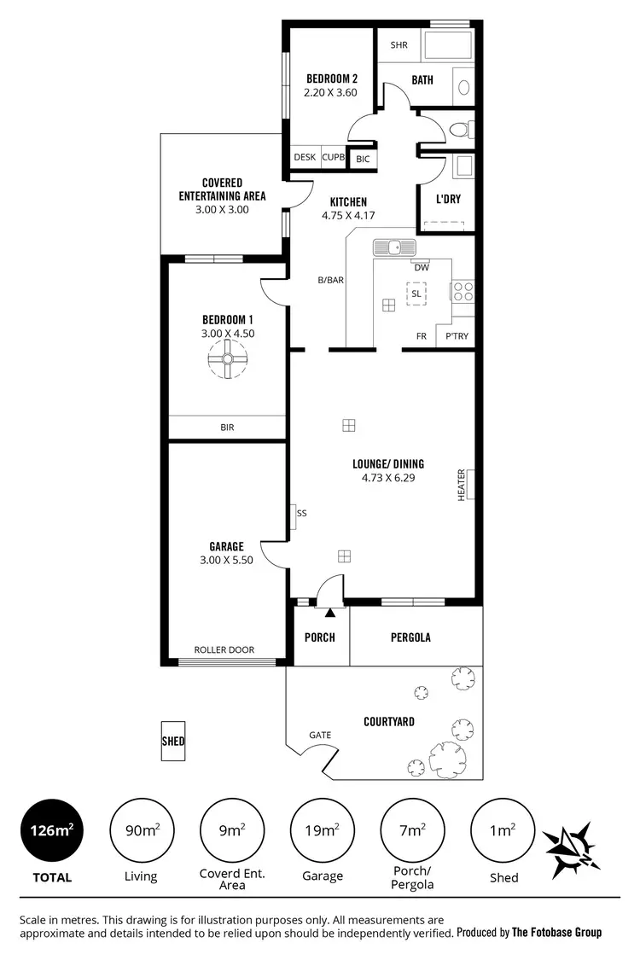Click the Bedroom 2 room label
[332, 79]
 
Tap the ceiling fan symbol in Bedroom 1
[228, 362]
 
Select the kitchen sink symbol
[394, 247]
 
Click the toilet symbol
[458, 130]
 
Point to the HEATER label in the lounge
[461, 485]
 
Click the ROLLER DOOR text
[224, 649]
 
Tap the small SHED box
[173, 742]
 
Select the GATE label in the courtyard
[320, 735]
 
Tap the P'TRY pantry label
[457, 336]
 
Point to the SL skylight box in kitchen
[416, 294]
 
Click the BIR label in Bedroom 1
[227, 428]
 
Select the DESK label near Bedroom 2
[305, 157]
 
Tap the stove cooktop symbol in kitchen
[463, 291]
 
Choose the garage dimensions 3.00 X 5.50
[227, 561]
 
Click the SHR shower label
[399, 45]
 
